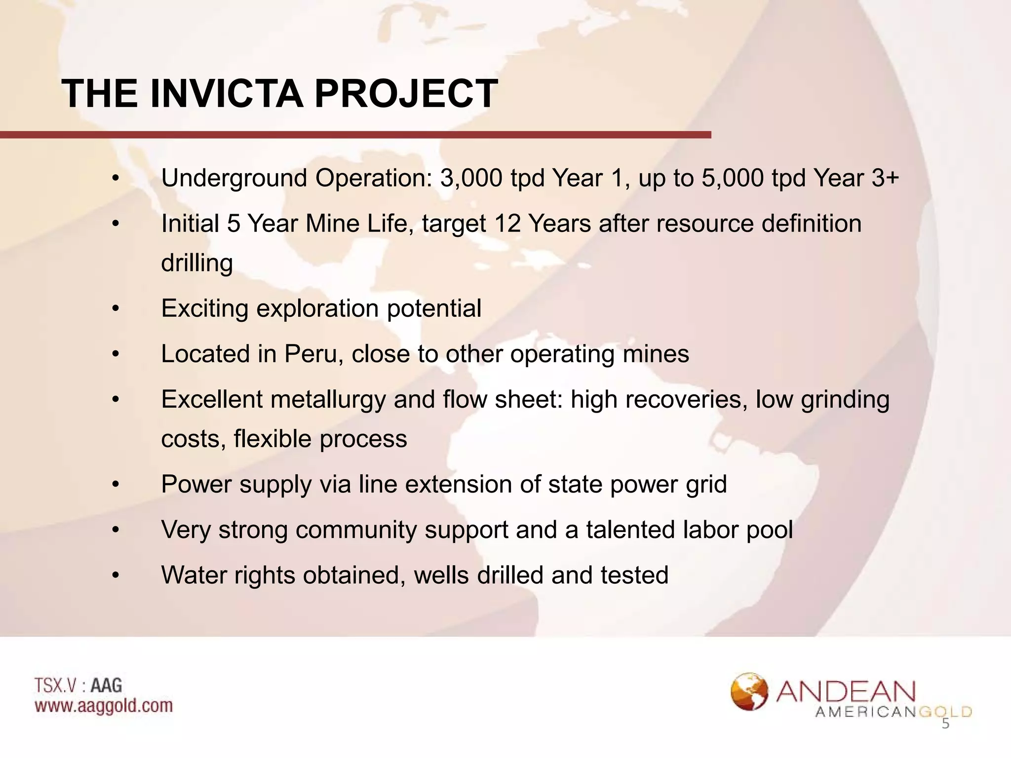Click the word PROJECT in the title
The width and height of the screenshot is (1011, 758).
pyautogui.click(x=406, y=94)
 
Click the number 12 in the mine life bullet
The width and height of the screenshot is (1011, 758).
pyautogui.click(x=507, y=224)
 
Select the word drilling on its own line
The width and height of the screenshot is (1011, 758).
pyautogui.click(x=197, y=263)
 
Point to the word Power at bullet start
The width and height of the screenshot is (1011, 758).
pyautogui.click(x=196, y=484)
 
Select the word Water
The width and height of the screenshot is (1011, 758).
pyautogui.click(x=194, y=575)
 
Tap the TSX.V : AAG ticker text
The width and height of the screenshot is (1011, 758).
pyautogui.click(x=78, y=686)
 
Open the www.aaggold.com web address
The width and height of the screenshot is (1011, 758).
pyautogui.click(x=104, y=706)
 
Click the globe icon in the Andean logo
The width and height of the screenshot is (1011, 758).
pyautogui.click(x=749, y=691)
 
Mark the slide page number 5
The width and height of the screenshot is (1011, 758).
pyautogui.click(x=945, y=724)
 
